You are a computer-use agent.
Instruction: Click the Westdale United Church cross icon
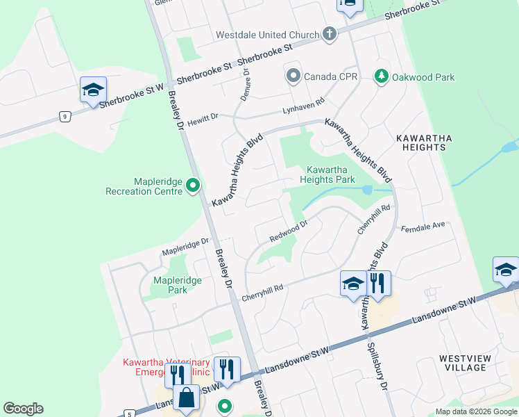pyautogui.click(x=330, y=34)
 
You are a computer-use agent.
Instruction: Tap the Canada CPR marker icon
pyautogui.click(x=293, y=76)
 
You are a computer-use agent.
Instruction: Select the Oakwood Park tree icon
pyautogui.click(x=381, y=76)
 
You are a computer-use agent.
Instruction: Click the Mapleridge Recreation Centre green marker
pyautogui.click(x=194, y=186)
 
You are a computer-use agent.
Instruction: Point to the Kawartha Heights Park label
pyautogui.click(x=327, y=174)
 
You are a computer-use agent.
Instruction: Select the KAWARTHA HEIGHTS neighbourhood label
pyautogui.click(x=423, y=142)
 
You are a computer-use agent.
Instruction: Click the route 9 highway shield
pyautogui.click(x=64, y=117)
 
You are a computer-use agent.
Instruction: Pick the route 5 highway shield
pyautogui.click(x=129, y=414)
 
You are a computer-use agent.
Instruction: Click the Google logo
pyautogui.click(x=23, y=409)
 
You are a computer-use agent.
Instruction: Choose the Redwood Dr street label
pyautogui.click(x=288, y=231)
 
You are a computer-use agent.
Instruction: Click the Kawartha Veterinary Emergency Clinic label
pyautogui.click(x=167, y=366)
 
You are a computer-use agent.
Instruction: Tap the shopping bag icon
pyautogui.click(x=187, y=398)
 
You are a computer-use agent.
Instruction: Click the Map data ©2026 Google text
pyautogui.click(x=476, y=411)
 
